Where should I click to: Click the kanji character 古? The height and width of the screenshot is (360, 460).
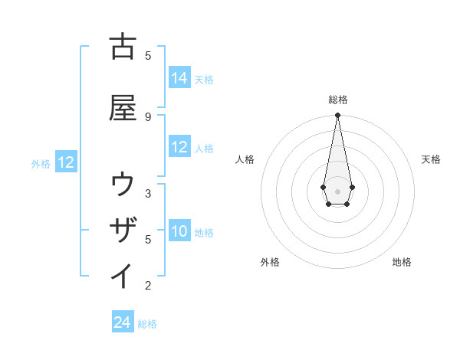(123, 47)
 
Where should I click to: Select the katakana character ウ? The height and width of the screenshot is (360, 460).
(123, 185)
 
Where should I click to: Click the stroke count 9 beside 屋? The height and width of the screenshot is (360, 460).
(148, 116)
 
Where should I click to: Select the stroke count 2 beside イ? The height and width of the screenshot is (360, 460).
(148, 286)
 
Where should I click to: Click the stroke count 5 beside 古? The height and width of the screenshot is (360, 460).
(148, 55)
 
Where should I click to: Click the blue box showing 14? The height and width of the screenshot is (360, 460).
(179, 78)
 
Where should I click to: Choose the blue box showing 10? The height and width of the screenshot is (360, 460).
(179, 231)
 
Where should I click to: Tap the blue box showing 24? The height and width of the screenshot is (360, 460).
(123, 322)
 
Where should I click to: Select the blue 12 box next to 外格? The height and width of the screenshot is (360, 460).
(66, 162)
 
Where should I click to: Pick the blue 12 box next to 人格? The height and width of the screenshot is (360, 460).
(179, 147)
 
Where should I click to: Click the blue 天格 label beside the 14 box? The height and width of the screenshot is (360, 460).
(204, 79)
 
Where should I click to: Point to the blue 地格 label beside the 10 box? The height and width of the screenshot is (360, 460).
(204, 232)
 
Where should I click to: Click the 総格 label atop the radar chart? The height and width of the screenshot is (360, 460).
(337, 100)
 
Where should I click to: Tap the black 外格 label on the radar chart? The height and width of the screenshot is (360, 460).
(270, 262)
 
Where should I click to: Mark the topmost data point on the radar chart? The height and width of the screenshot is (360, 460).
(337, 116)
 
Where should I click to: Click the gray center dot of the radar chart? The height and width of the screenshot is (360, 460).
(337, 190)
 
